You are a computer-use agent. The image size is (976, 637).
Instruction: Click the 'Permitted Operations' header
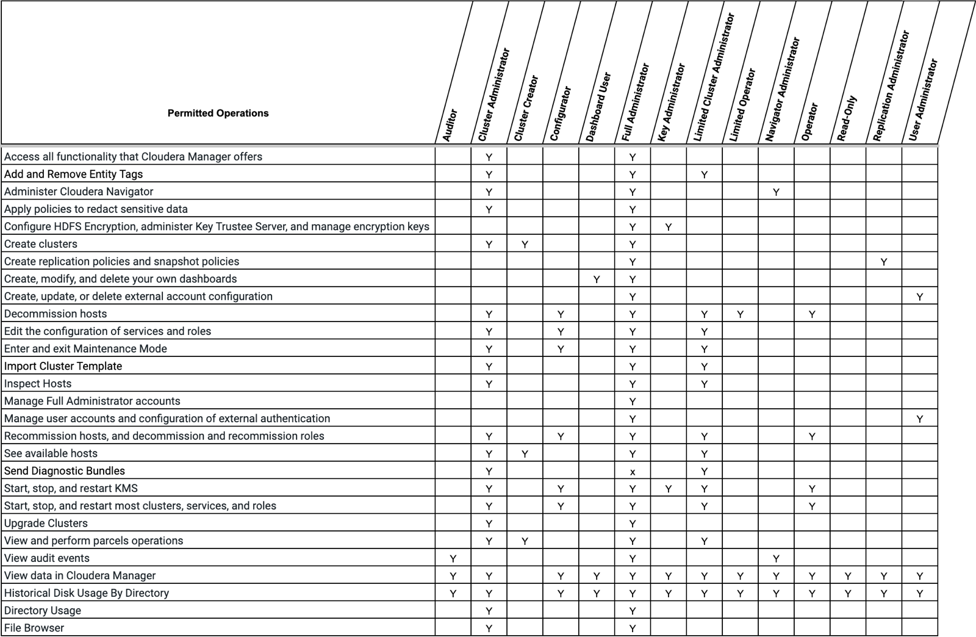coord(218,113)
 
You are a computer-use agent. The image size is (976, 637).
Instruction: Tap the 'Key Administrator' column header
coord(672,103)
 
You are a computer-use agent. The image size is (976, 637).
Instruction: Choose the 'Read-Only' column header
coord(847,118)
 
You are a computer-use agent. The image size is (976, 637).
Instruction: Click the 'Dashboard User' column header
coord(598,107)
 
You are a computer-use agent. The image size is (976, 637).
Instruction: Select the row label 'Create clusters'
coord(41,244)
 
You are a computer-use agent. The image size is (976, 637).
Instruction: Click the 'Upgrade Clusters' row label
coord(46,524)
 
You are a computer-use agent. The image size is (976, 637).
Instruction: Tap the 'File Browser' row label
coord(34,628)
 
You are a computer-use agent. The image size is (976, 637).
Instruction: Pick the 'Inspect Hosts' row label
coord(38,384)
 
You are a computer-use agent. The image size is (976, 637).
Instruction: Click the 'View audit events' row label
coord(47,558)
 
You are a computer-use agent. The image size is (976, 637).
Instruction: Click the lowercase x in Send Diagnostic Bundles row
coord(633,472)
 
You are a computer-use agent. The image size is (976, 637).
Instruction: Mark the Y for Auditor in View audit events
coord(453,558)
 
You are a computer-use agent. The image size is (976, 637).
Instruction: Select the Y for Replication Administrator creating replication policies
coord(884,262)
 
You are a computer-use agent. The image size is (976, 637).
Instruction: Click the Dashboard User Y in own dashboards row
coord(597,279)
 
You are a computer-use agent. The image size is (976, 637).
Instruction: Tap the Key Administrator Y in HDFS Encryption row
coord(669,227)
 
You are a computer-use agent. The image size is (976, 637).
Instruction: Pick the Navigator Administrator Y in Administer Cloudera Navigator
coord(776,192)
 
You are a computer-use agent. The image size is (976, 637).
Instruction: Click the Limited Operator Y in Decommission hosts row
coord(740,314)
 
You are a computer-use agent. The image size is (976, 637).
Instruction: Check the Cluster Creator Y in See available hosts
coord(525,454)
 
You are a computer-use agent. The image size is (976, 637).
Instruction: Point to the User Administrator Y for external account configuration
coord(919,297)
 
